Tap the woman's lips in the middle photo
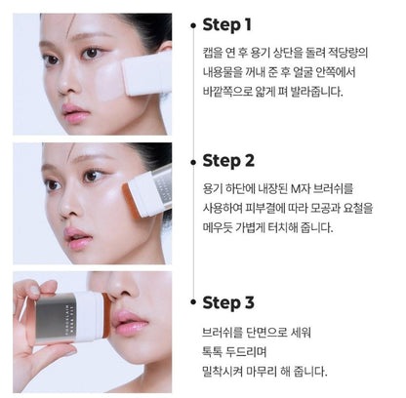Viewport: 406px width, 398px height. click(77, 237)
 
